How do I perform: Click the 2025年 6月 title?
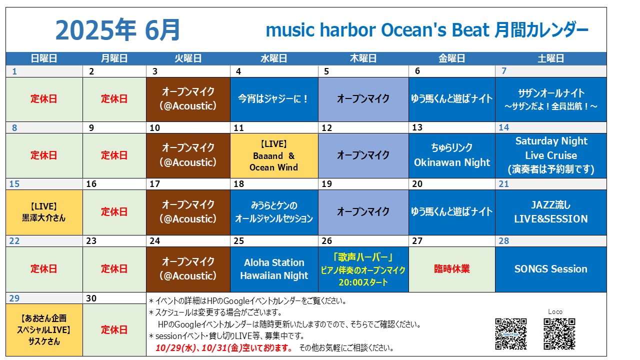117,30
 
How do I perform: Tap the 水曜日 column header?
273,58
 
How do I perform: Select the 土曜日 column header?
550,58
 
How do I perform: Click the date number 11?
239,127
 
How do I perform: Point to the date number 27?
417,241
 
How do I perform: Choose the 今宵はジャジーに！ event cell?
274,99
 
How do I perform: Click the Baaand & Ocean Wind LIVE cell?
274,155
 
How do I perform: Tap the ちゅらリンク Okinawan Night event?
451,155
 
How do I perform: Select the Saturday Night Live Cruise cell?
551,155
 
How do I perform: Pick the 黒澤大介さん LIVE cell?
44,212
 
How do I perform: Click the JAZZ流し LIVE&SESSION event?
551,212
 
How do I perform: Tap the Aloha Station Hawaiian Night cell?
274,269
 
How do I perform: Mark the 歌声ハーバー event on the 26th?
363,269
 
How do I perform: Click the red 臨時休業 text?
451,269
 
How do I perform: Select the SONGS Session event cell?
551,269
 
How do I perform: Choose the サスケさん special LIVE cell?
44,329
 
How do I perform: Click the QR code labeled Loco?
559,334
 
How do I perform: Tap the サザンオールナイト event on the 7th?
551,99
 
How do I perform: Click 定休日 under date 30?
114,329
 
